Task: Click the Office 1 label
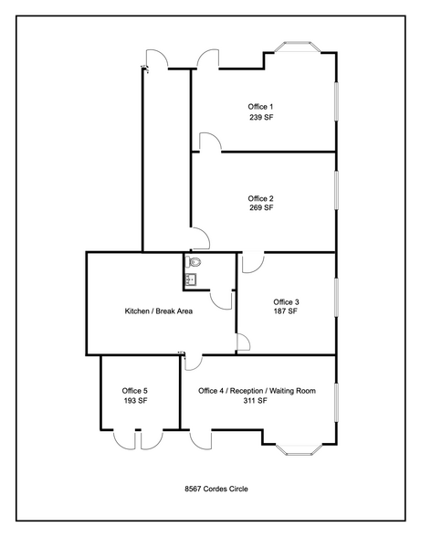[x=260, y=107]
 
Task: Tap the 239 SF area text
[x=260, y=118]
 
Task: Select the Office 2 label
[x=260, y=198]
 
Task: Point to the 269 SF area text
[x=260, y=208]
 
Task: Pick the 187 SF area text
[x=286, y=312]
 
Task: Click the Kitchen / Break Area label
[x=158, y=311]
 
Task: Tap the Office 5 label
[x=134, y=391]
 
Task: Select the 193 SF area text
[x=134, y=401]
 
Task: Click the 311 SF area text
[x=257, y=401]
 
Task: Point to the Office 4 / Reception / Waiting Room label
[x=257, y=391]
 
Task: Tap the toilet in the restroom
[x=193, y=264]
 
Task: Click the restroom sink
[x=191, y=280]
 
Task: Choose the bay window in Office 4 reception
[x=298, y=448]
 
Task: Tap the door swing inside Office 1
[x=209, y=140]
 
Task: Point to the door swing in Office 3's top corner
[x=252, y=261]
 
